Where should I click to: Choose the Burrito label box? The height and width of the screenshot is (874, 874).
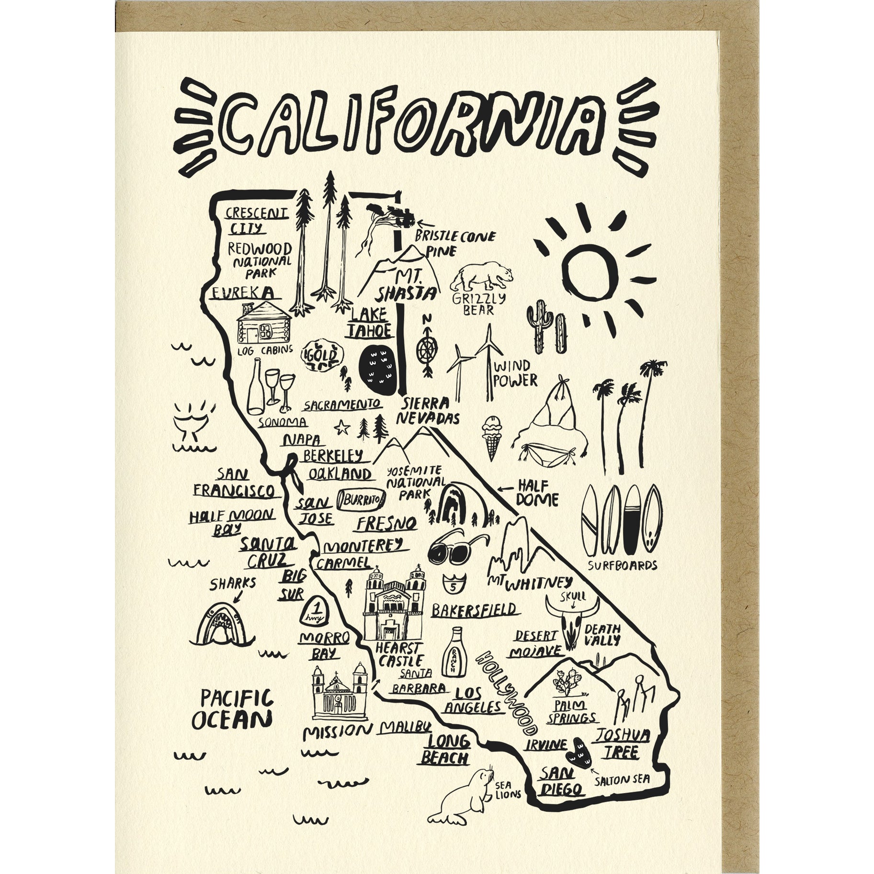(361, 500)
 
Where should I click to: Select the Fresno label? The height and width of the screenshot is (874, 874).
(386, 523)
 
